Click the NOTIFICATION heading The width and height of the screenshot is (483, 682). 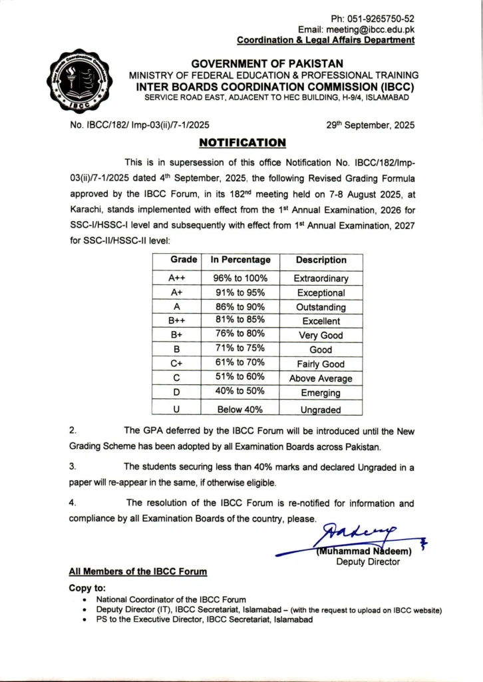pos(243,143)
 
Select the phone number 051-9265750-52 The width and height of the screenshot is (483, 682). pos(381,19)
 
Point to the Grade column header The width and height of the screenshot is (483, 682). pos(184,260)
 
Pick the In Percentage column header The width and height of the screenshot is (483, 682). pos(241,260)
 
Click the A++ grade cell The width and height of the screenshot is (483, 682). pos(177,278)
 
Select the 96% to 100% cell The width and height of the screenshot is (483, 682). pos(241,278)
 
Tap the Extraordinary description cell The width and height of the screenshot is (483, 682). pos(321,278)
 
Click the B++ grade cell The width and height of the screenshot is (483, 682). pos(177,321)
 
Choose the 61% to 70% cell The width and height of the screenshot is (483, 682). pos(241,364)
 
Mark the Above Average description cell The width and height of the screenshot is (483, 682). pos(321,378)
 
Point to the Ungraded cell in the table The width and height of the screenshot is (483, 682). pos(321,410)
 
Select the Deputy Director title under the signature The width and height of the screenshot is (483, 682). pos(368,561)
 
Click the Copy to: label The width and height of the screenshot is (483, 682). pos(87,588)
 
